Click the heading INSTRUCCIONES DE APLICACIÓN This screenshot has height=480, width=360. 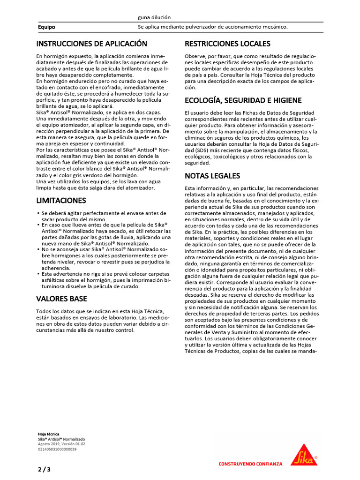(92, 44)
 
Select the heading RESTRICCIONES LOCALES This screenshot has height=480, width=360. (227, 44)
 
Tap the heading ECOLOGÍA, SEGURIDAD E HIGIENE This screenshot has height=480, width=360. (243, 101)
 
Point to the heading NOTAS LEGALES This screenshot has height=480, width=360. (212, 176)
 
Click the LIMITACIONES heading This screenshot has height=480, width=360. (61, 201)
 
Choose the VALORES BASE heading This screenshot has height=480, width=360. (61, 299)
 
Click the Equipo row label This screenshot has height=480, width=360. (46, 27)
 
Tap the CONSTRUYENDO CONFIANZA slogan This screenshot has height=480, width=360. (250, 464)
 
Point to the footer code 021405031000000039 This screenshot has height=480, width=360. (57, 449)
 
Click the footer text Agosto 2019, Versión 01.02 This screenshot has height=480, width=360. (61, 444)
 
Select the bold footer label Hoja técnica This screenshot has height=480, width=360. (48, 434)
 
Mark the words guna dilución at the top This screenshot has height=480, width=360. (155, 17)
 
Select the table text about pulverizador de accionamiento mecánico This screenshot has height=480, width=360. (212, 27)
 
